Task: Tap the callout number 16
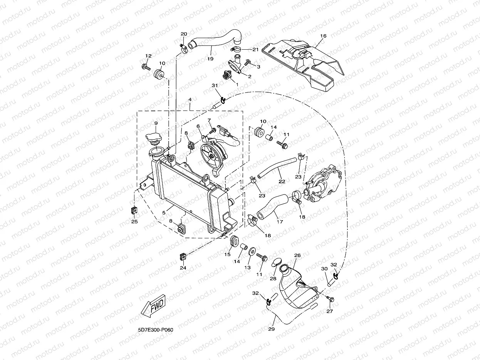click(323, 36)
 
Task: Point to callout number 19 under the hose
click(210, 59)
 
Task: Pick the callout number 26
click(297, 255)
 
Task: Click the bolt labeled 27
click(331, 299)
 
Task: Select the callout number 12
click(148, 56)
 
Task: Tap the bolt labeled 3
click(248, 62)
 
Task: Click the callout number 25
click(134, 221)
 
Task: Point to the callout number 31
click(215, 85)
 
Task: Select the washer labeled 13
click(252, 251)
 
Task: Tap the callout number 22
click(282, 181)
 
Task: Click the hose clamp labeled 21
click(236, 49)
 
